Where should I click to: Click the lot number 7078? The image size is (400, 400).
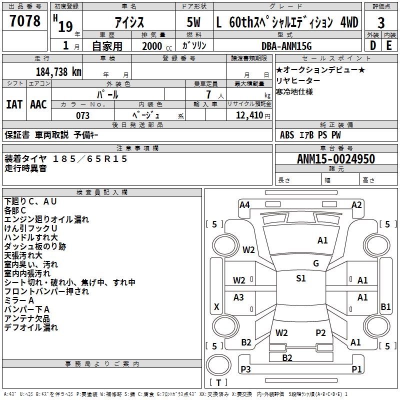click(x=25, y=21)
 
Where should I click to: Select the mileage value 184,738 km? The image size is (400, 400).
click(x=58, y=72)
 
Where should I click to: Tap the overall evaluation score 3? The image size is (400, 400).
click(x=381, y=23)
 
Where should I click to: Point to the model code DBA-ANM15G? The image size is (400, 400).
click(x=286, y=46)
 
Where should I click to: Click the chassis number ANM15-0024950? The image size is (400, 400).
click(x=336, y=159)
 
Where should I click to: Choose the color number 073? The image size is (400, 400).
click(x=82, y=115)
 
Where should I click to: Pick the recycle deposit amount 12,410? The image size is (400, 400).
click(x=249, y=115)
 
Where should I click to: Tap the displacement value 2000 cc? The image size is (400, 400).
click(x=157, y=46)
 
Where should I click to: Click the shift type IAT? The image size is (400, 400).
click(x=14, y=104)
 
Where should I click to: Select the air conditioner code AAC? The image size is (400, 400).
click(x=38, y=104)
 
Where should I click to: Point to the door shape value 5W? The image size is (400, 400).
click(x=193, y=22)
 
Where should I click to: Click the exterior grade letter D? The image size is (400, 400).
click(x=373, y=45)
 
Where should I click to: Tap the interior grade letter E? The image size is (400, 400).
click(x=389, y=45)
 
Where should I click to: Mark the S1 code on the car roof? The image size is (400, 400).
click(x=301, y=278)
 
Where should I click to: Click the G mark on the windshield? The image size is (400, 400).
click(x=316, y=263)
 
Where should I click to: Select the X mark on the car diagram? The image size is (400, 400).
click(x=216, y=306)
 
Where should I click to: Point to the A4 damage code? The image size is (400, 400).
click(x=244, y=205)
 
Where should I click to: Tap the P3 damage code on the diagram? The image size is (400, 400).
click(x=245, y=369)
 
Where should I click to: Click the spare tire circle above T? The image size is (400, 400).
click(x=218, y=365)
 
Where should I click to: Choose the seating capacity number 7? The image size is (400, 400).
click(x=208, y=94)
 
